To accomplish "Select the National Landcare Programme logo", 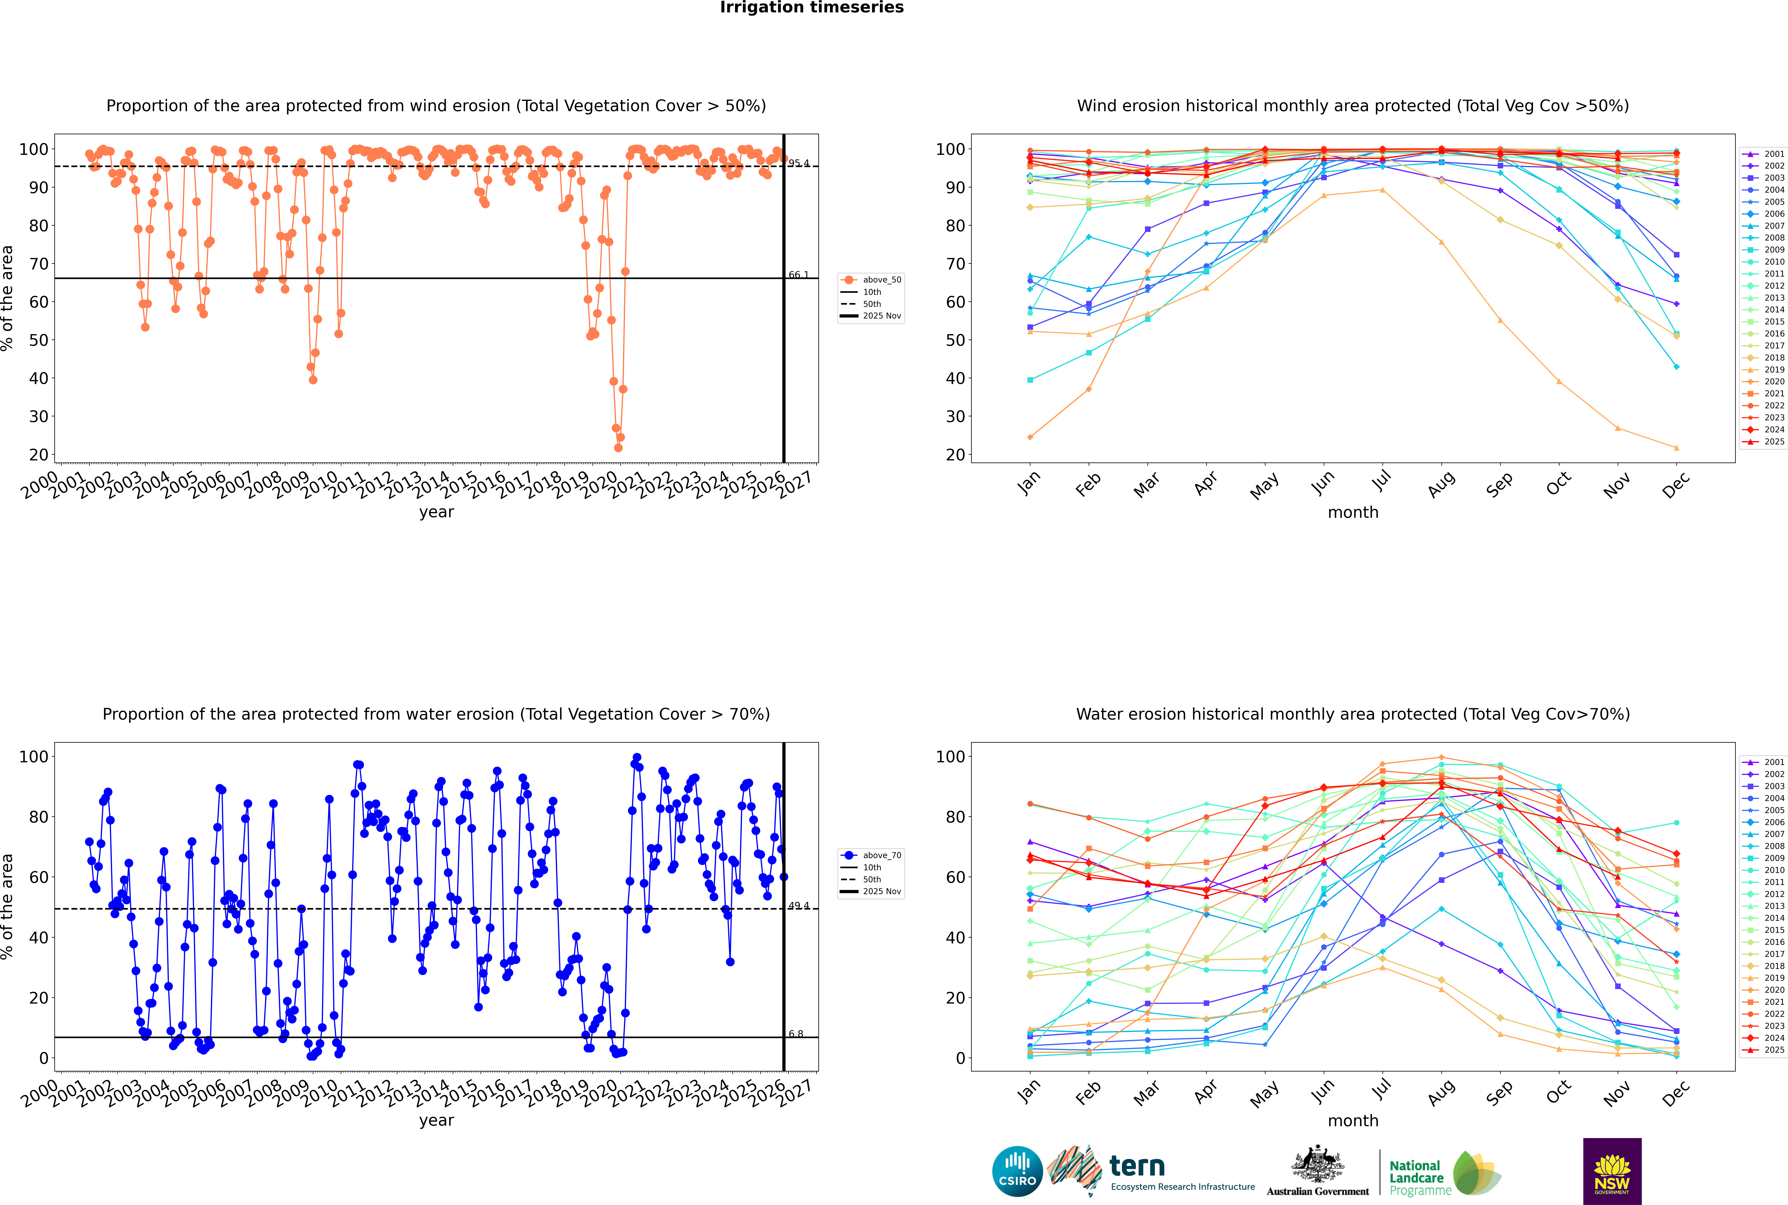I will (1444, 1174).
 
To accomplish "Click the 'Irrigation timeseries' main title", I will (812, 8).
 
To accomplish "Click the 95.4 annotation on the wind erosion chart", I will (798, 163).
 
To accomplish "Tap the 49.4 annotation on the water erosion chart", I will (798, 906).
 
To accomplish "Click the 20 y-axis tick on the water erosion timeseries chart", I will (38, 997).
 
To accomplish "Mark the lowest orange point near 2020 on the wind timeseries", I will (618, 448).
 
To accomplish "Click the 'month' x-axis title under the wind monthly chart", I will (1353, 513).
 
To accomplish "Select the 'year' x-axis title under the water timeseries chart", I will (437, 1121).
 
